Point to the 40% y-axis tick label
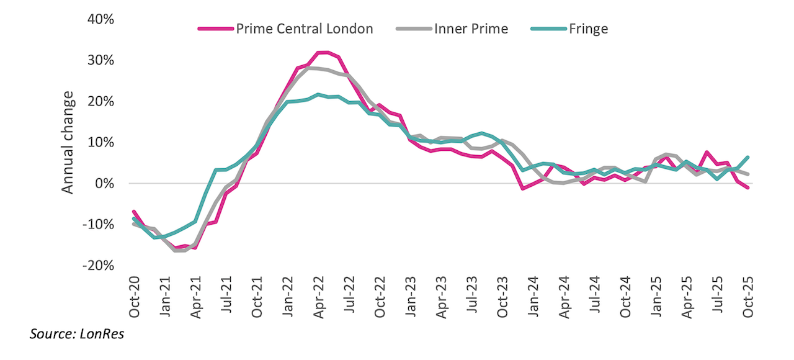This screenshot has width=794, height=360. pos(100,19)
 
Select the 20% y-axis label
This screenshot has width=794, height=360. pos(100,101)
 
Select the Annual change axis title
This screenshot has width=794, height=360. pos(68,142)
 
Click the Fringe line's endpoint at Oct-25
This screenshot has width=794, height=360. pos(747,158)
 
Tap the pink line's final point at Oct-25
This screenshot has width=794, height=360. pos(747,187)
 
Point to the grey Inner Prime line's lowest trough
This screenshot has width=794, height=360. pos(180,251)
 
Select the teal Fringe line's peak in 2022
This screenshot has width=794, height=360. pos(318,95)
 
